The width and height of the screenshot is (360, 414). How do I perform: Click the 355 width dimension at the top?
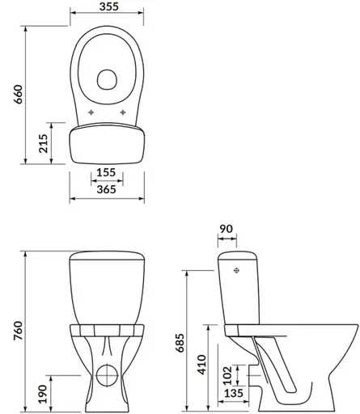108,6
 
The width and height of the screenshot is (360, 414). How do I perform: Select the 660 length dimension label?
19,95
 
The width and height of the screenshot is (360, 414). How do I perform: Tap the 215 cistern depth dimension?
43,143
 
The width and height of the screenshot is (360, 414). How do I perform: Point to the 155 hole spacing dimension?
106,172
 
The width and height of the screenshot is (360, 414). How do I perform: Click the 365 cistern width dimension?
107,189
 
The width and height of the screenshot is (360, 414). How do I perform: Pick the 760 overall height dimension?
19,331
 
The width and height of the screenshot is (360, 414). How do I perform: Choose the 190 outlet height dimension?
43,394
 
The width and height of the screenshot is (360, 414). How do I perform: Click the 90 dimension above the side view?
226,229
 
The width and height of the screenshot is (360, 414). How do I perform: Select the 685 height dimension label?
180,343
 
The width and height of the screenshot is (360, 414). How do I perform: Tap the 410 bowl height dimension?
201,365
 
